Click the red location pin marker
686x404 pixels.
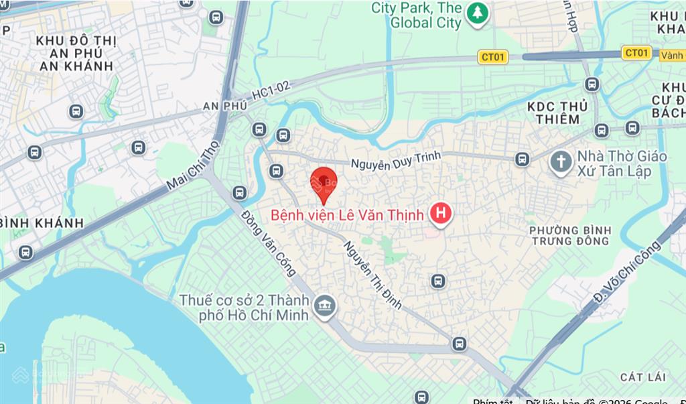[324, 182]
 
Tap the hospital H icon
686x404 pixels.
[440, 214]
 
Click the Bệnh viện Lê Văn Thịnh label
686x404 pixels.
[346, 216]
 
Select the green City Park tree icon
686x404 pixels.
[476, 13]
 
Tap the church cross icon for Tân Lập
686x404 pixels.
[560, 161]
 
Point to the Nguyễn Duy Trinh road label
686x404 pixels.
[397, 161]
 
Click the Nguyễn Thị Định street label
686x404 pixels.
[372, 275]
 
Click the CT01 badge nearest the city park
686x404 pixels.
[492, 57]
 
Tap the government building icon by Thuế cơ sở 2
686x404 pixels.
[325, 305]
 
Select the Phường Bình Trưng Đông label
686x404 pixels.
[569, 235]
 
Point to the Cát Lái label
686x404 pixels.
[641, 377]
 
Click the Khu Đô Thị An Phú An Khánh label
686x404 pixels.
[76, 54]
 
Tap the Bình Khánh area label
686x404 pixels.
[42, 222]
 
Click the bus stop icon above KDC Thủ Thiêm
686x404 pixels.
[592, 84]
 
